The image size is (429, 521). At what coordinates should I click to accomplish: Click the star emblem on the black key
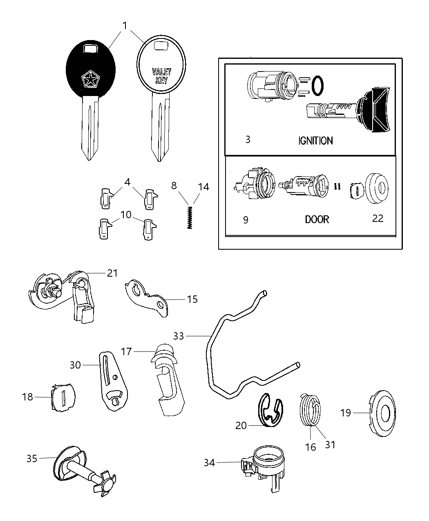click(89, 79)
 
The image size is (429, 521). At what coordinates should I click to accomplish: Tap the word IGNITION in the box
click(315, 141)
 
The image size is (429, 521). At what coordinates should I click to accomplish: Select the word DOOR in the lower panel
click(317, 219)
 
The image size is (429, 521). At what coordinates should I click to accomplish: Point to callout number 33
click(179, 336)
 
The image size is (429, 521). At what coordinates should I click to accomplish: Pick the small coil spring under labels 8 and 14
click(190, 217)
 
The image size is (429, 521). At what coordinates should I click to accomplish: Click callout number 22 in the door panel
click(378, 218)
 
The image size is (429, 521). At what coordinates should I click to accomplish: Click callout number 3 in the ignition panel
click(248, 139)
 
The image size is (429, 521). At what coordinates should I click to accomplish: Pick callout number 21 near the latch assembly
click(112, 273)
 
